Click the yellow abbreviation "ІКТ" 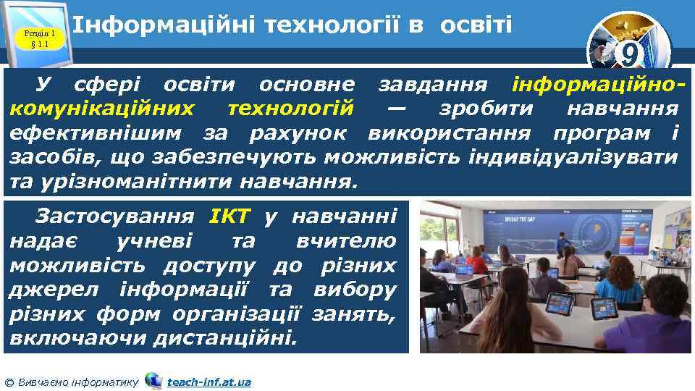tap(229, 216)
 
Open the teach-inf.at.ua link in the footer tap(208, 382)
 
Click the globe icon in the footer tap(153, 380)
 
